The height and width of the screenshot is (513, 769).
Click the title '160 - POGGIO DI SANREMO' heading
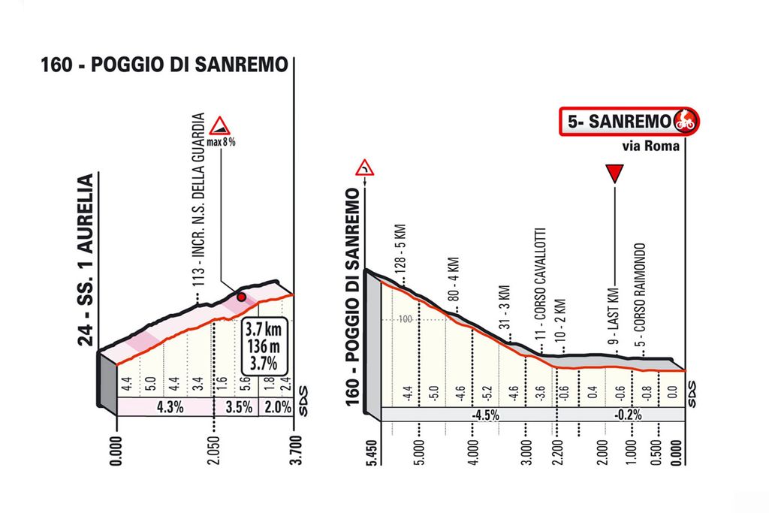(x=164, y=65)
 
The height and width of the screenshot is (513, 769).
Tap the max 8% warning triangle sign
(x=219, y=125)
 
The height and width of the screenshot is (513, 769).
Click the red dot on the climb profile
(x=241, y=297)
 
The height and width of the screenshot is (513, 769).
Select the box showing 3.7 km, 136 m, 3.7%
(x=261, y=345)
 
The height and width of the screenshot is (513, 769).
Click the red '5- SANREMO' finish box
(x=629, y=120)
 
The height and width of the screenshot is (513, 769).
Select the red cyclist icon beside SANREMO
(x=684, y=119)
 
